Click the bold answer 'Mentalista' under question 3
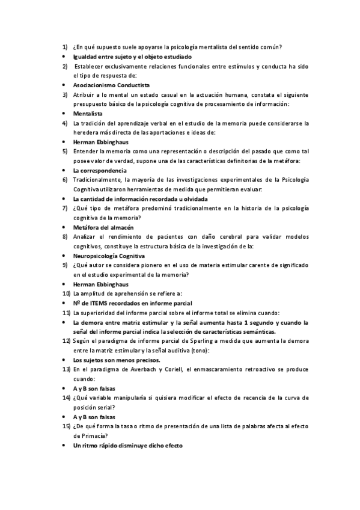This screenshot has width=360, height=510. pos(88,113)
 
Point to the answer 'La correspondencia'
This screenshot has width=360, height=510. pos(100,170)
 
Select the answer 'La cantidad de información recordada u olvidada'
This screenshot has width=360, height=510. pos(140,198)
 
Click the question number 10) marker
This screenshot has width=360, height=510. pos(66,293)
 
